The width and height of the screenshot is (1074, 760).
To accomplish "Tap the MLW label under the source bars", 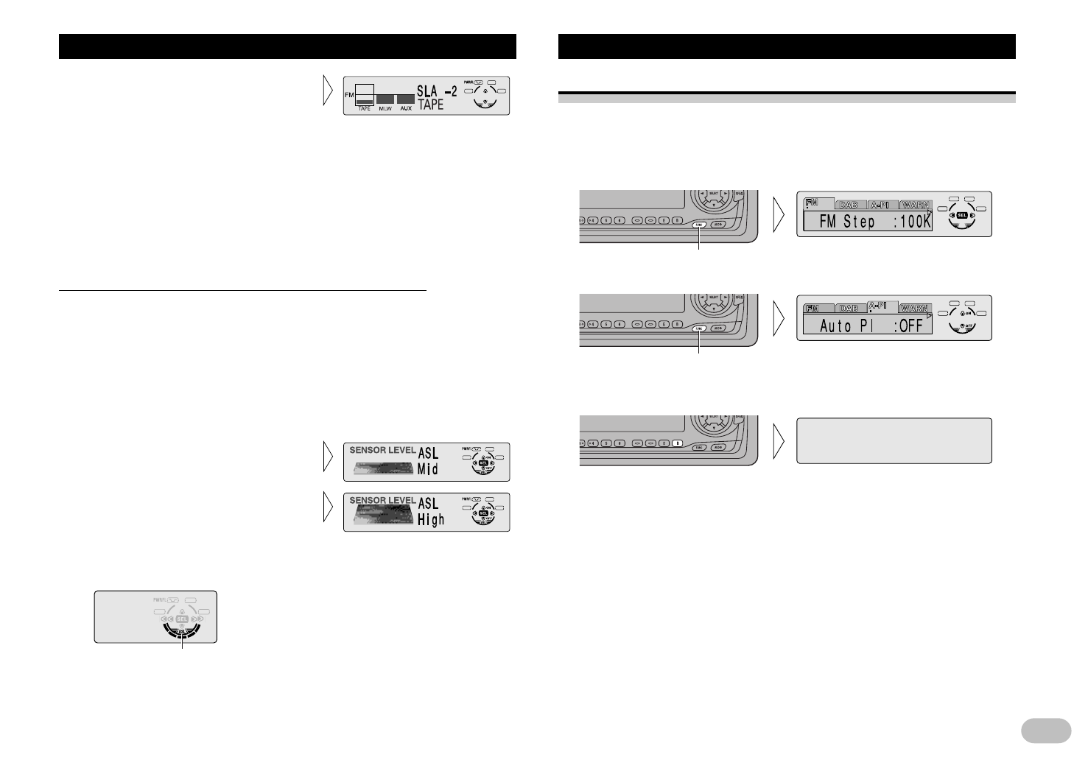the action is tap(385, 109).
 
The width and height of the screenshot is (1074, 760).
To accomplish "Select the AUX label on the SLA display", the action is tap(405, 109).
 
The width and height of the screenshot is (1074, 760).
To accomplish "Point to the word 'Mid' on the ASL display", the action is tap(428, 468).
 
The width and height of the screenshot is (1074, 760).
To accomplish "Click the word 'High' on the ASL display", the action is tap(432, 520).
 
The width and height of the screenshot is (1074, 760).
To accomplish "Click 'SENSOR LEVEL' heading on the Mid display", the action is tap(382, 451).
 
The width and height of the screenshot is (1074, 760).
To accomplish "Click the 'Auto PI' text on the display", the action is tap(846, 326).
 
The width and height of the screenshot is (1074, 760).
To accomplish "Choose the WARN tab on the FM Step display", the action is tap(915, 205).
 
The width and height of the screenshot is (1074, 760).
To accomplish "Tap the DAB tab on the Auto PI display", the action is tap(849, 309).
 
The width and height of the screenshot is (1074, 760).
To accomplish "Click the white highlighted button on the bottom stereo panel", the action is tap(678, 444).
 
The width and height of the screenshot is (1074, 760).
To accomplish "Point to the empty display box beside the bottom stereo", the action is tap(894, 440).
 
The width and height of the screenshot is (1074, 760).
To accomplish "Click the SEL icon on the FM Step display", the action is tap(962, 215).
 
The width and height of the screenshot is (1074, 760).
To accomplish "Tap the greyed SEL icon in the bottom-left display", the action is tap(182, 618).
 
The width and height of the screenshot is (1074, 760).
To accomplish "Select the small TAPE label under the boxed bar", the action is tap(365, 109).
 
